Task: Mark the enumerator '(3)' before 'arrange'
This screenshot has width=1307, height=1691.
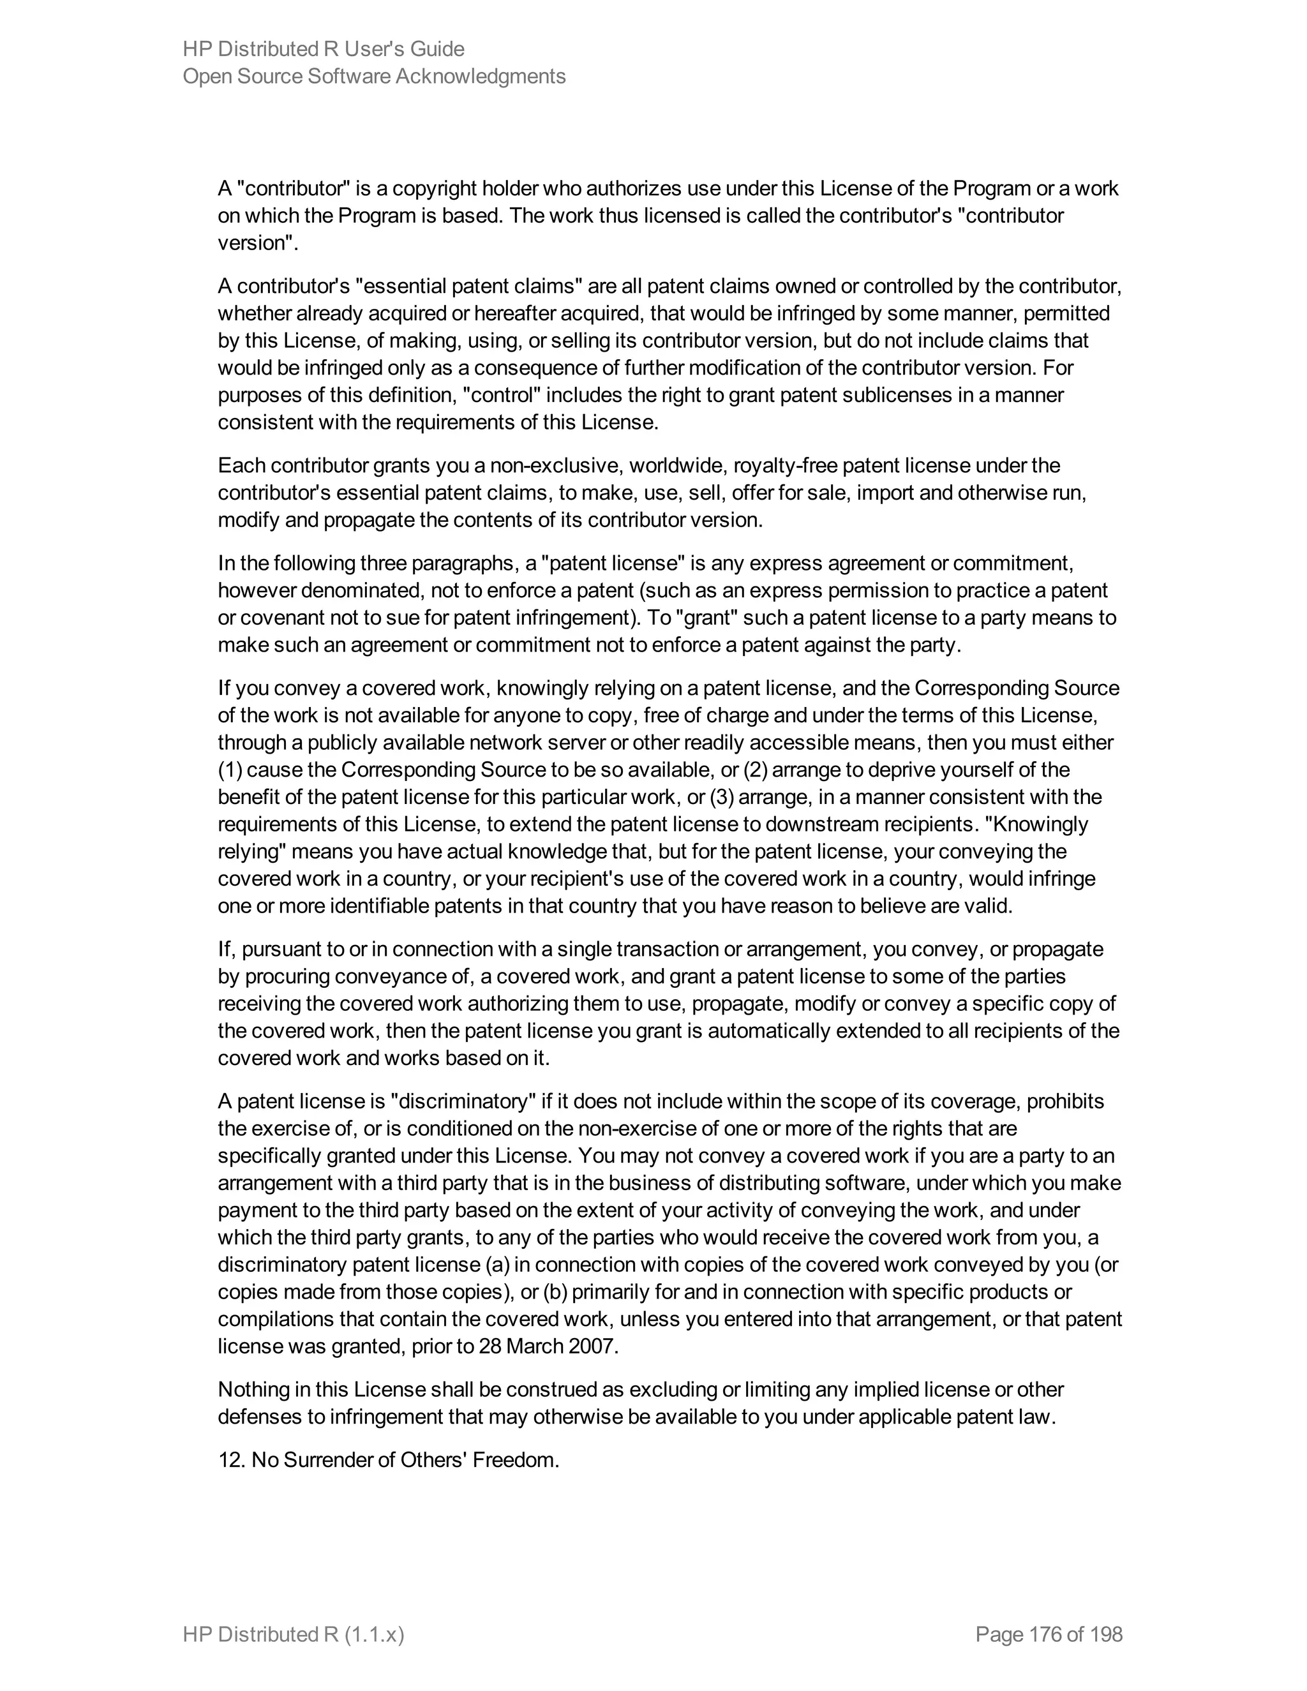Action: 722,797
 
